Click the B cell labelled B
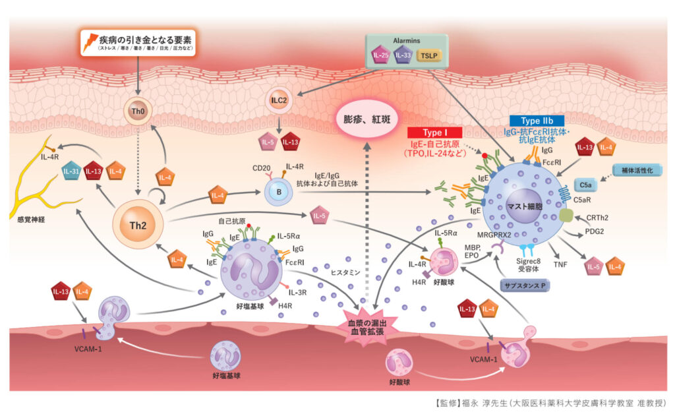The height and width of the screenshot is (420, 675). [277, 192]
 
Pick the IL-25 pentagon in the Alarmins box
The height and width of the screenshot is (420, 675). [380, 55]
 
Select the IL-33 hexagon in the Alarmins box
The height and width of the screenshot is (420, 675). [403, 55]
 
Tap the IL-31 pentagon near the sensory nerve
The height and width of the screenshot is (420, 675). [73, 172]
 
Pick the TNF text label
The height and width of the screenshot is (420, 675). [560, 264]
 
